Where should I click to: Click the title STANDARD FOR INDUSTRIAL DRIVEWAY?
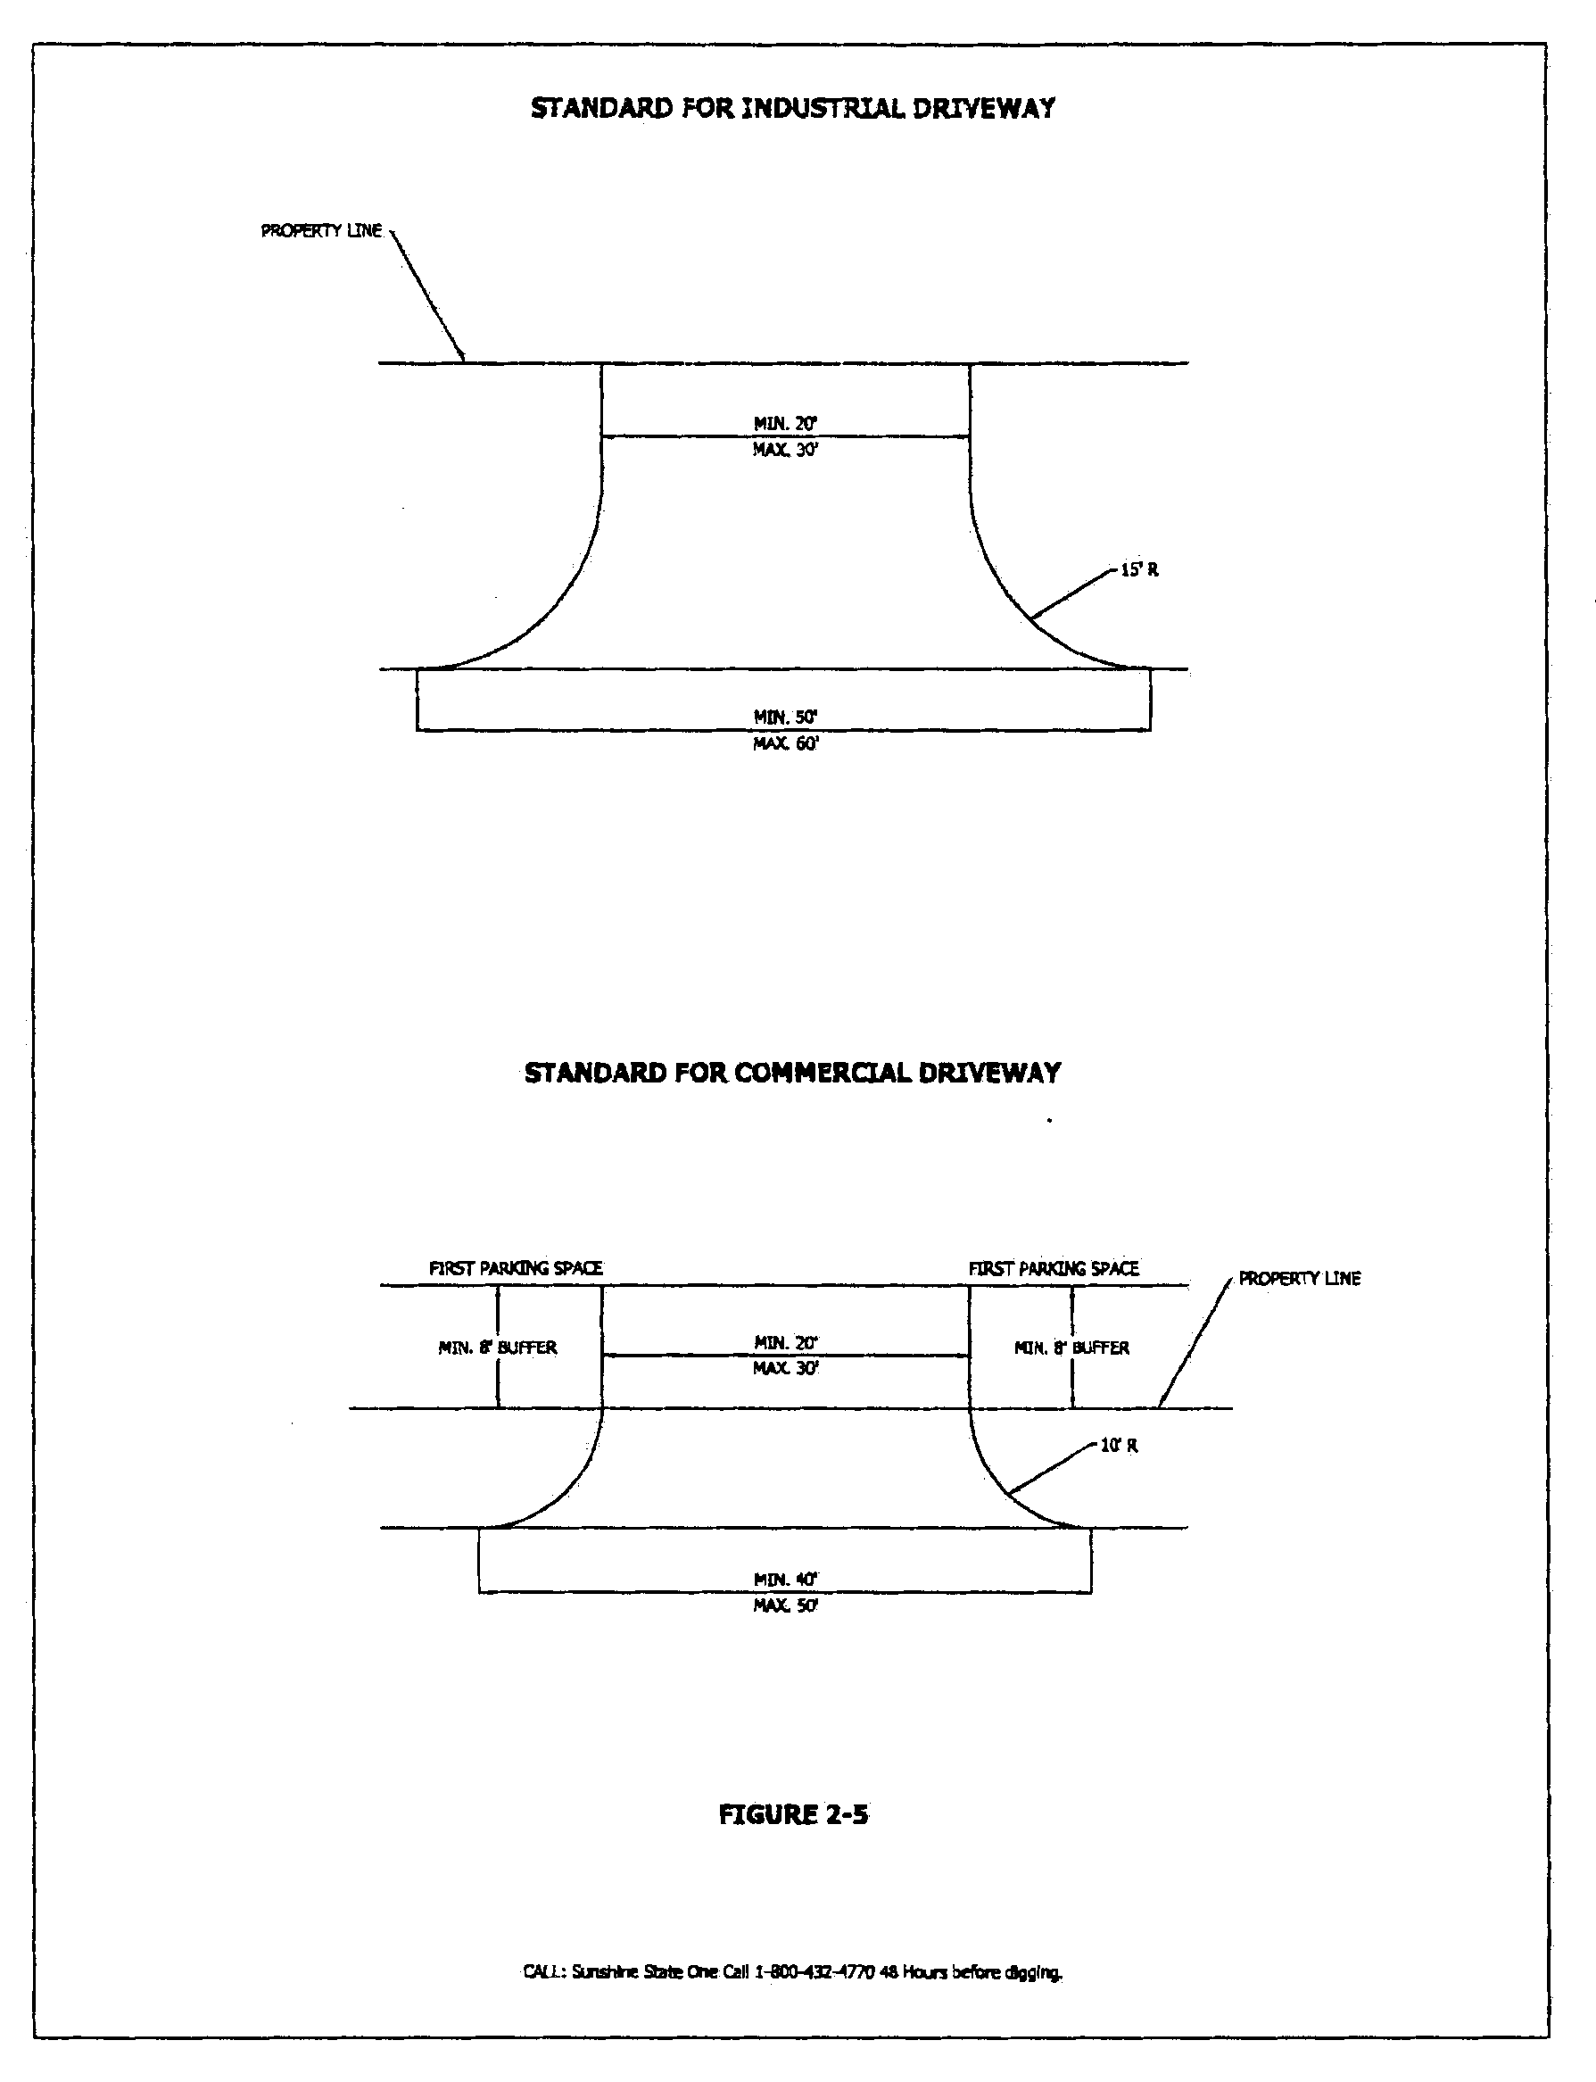[792, 108]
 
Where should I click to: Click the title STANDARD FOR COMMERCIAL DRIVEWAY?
[792, 1073]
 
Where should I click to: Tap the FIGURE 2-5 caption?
[793, 1815]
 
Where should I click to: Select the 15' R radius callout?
[1139, 570]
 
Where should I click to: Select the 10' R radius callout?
[1118, 1446]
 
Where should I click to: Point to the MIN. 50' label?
[786, 718]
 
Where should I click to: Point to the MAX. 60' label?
[786, 743]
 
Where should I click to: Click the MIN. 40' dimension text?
[786, 1580]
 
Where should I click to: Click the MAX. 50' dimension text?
[786, 1605]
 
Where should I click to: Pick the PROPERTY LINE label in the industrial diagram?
[321, 231]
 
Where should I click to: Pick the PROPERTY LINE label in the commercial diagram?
[1300, 1279]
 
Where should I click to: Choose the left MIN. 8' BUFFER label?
[498, 1348]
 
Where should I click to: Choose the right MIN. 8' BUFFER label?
[1071, 1348]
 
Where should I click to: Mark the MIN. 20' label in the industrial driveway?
[786, 424]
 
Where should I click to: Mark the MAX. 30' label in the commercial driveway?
[786, 1368]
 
